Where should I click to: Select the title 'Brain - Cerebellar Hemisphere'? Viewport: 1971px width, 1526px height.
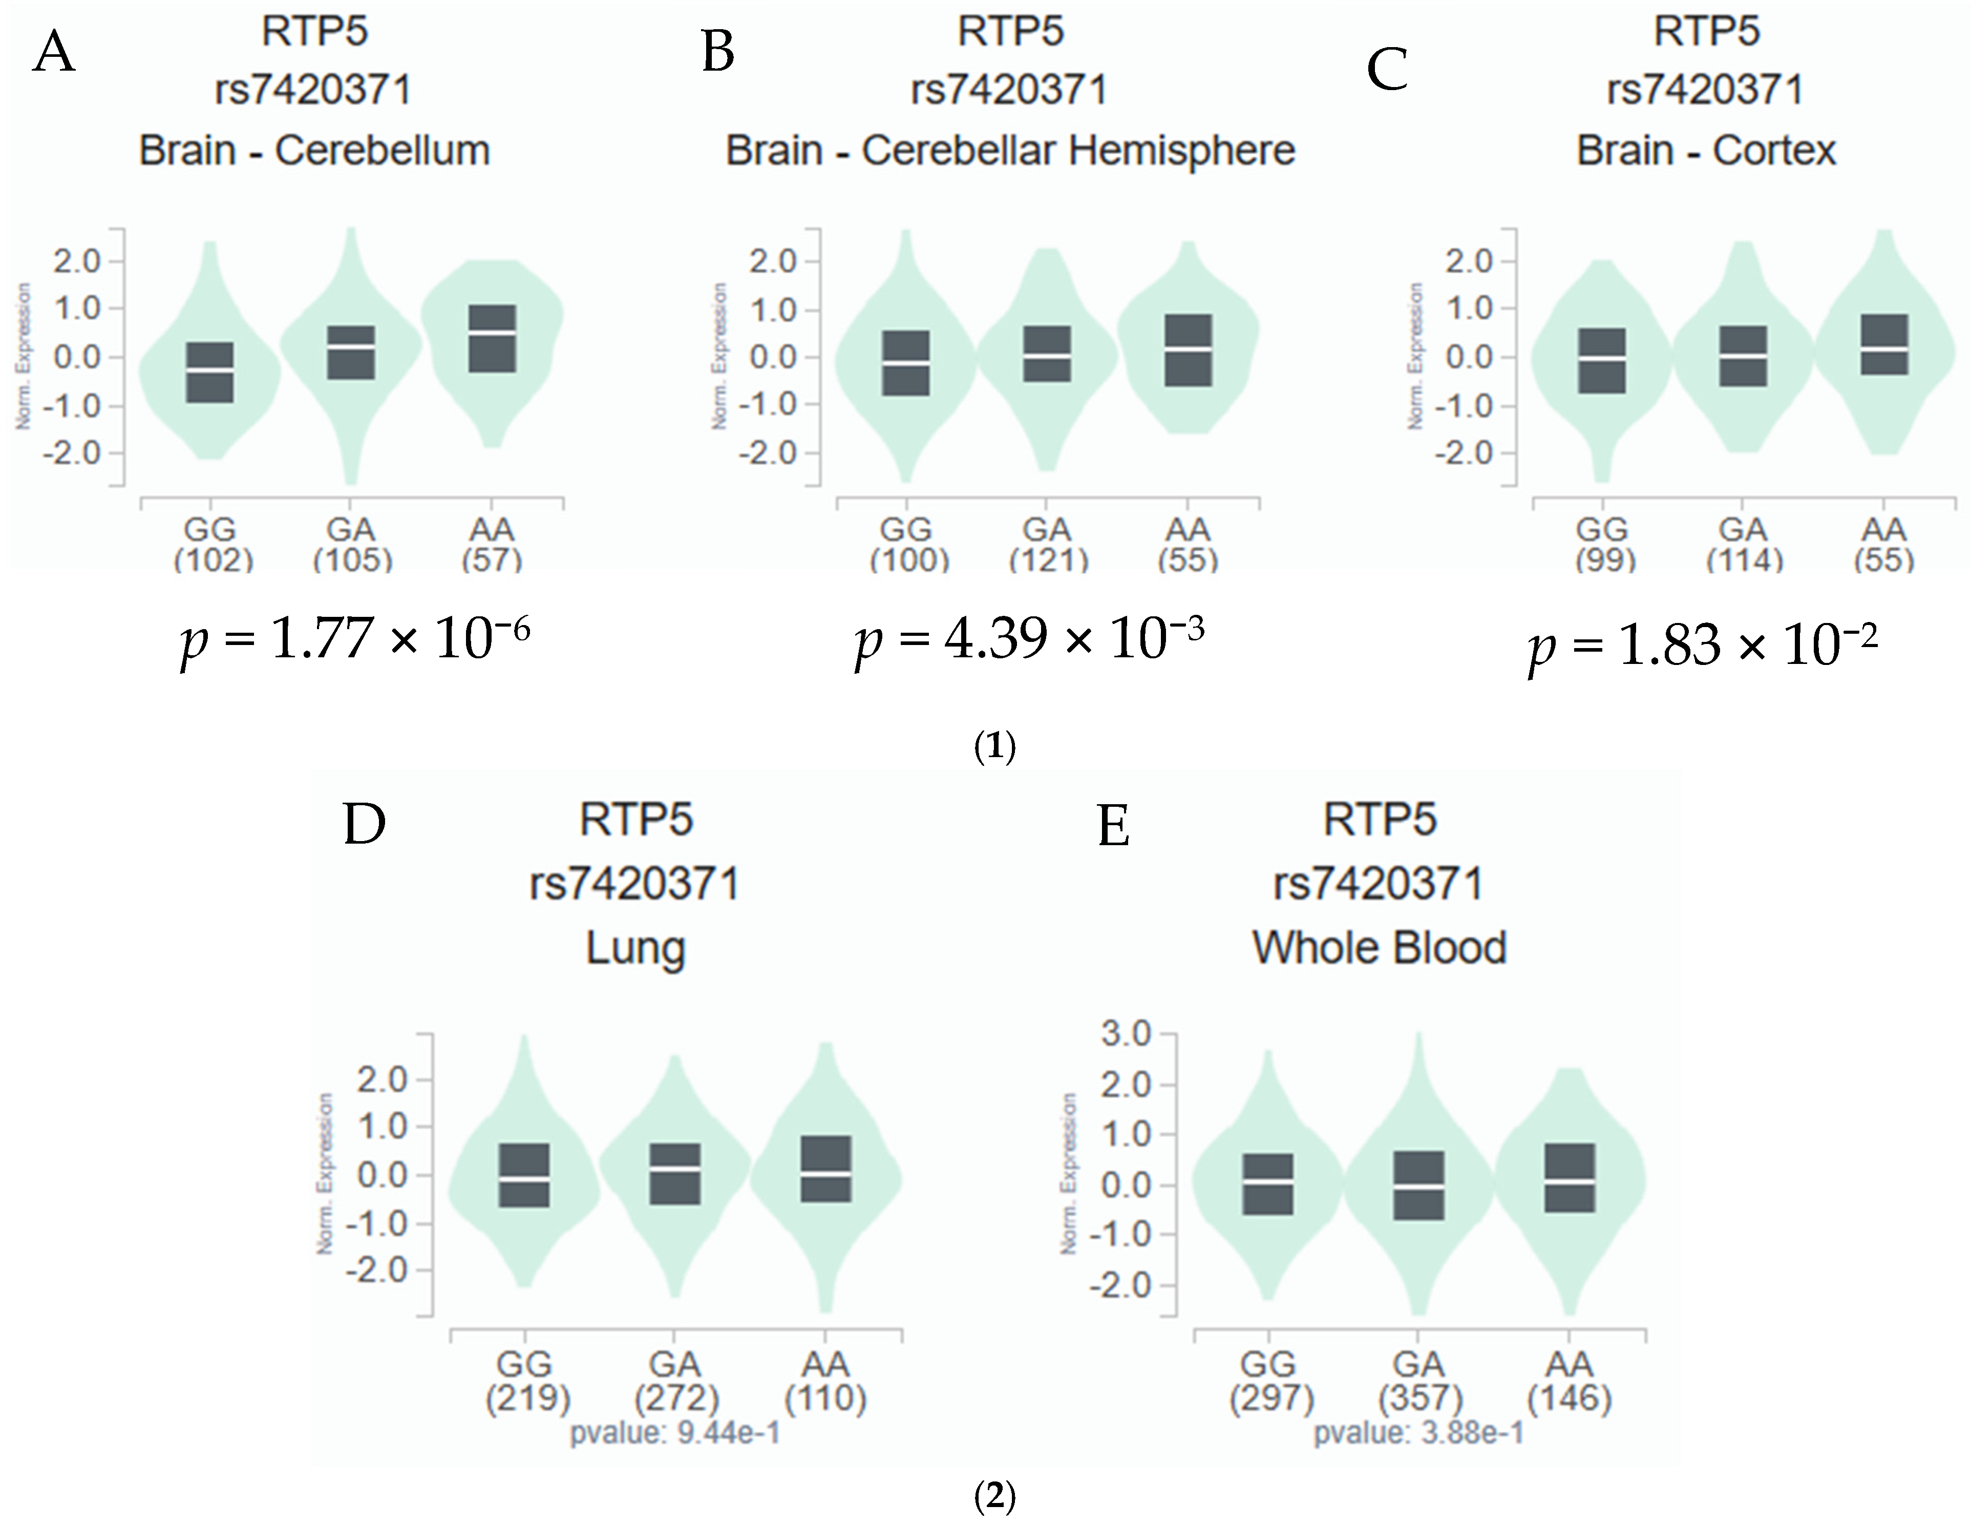point(1010,151)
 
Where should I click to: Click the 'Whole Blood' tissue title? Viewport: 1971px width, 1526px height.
point(1379,948)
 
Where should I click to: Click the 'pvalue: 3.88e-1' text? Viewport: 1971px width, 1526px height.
point(1418,1432)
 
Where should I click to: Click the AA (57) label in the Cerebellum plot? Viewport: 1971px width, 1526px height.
point(492,544)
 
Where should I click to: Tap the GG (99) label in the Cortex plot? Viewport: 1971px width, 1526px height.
point(1604,544)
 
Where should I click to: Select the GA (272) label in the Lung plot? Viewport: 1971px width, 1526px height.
point(676,1381)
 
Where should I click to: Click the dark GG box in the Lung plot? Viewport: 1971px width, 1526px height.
point(524,1175)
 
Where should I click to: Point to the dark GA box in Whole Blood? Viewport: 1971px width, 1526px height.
point(1418,1186)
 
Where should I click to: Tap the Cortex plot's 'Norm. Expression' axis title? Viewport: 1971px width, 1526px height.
point(1416,356)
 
